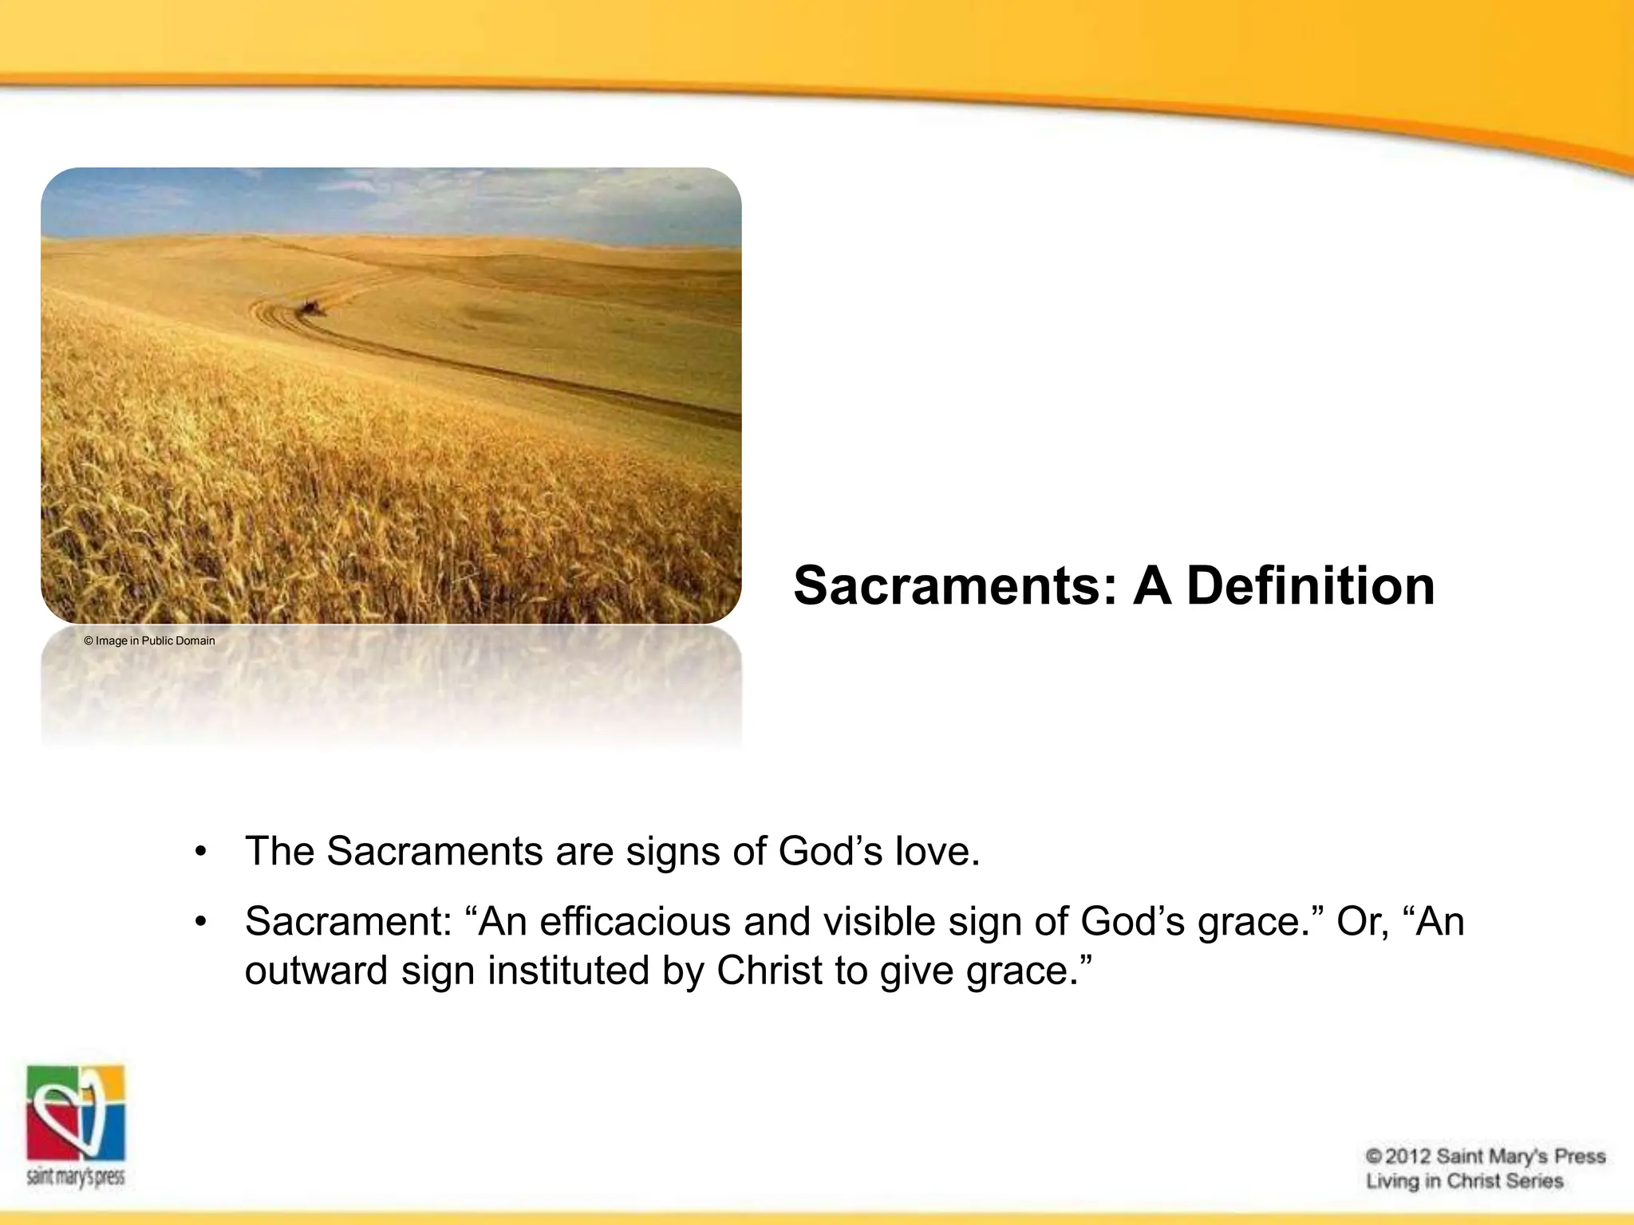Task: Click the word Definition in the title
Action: coord(1310,586)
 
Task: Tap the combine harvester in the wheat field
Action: coord(309,307)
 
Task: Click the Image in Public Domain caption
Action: coord(149,640)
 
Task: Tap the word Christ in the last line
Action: coord(769,971)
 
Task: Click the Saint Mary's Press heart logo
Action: coord(77,1113)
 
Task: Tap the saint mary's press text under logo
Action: coord(77,1177)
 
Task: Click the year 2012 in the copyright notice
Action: coord(1408,1156)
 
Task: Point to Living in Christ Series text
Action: coord(1464,1181)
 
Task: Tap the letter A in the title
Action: coord(1152,586)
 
